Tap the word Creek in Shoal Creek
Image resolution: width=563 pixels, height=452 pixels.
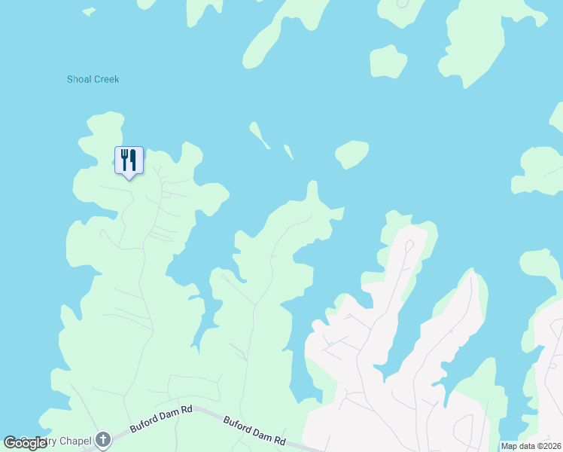pos(107,79)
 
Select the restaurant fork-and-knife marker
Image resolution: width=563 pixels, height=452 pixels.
pos(129,160)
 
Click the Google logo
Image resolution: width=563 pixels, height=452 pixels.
pos(26,442)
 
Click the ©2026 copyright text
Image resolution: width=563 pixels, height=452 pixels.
pos(547,446)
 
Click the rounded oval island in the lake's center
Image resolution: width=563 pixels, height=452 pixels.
pos(351,154)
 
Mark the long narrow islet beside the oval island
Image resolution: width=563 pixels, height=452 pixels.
pos(260,135)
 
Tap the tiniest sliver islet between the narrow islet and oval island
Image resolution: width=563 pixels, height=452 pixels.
pos(288,151)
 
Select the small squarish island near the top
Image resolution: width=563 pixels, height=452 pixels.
pos(388,62)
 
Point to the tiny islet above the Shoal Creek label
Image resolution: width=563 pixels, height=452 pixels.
pos(89,11)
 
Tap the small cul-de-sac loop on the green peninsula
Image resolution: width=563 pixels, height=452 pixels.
pos(224,276)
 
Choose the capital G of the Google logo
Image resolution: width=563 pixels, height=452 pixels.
pos(10,442)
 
